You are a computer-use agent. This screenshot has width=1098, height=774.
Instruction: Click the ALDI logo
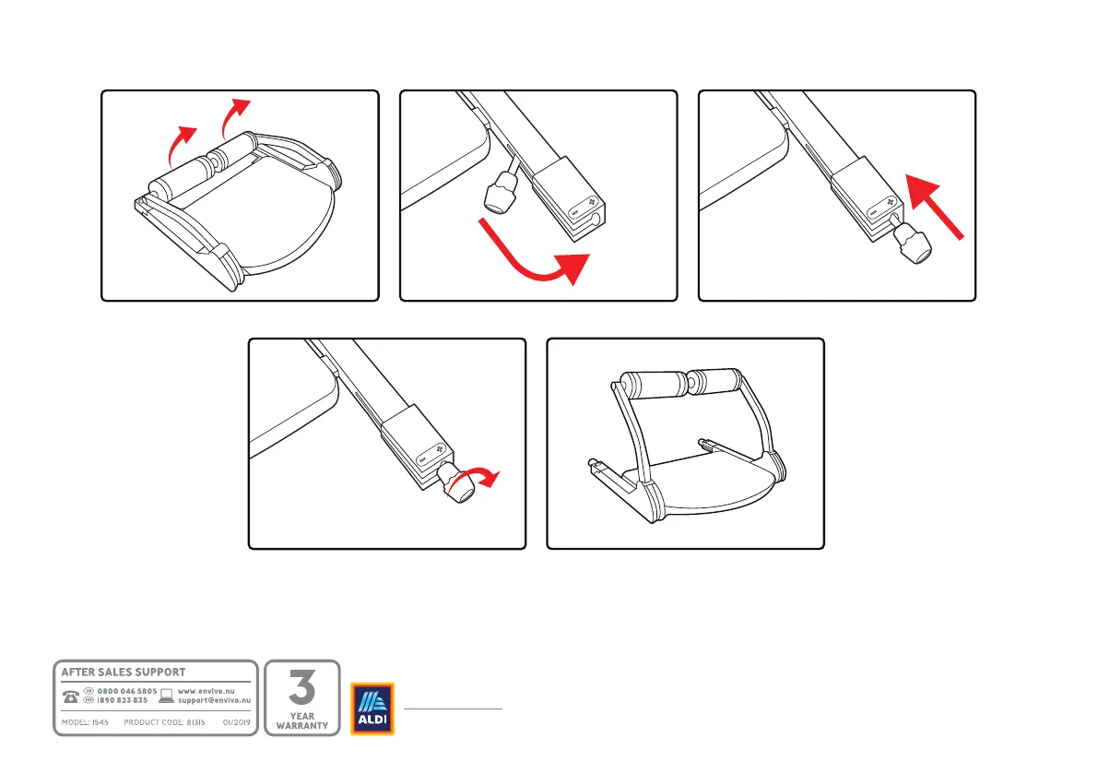point(372,709)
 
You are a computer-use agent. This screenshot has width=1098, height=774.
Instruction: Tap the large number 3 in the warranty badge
point(302,687)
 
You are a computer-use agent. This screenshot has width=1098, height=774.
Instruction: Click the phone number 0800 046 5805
point(127,691)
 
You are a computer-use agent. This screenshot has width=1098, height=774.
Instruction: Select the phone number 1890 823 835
point(123,700)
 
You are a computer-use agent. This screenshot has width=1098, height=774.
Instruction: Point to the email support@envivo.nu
point(214,700)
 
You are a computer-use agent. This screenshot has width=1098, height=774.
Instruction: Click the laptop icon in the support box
point(167,696)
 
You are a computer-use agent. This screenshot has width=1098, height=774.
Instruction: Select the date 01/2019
point(237,722)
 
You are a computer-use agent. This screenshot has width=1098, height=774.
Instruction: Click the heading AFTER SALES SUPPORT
point(124,673)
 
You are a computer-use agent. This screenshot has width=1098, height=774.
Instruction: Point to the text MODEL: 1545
point(86,722)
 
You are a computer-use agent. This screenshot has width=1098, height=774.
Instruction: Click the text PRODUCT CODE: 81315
point(163,722)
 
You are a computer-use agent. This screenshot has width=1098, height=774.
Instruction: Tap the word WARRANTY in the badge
point(302,725)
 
